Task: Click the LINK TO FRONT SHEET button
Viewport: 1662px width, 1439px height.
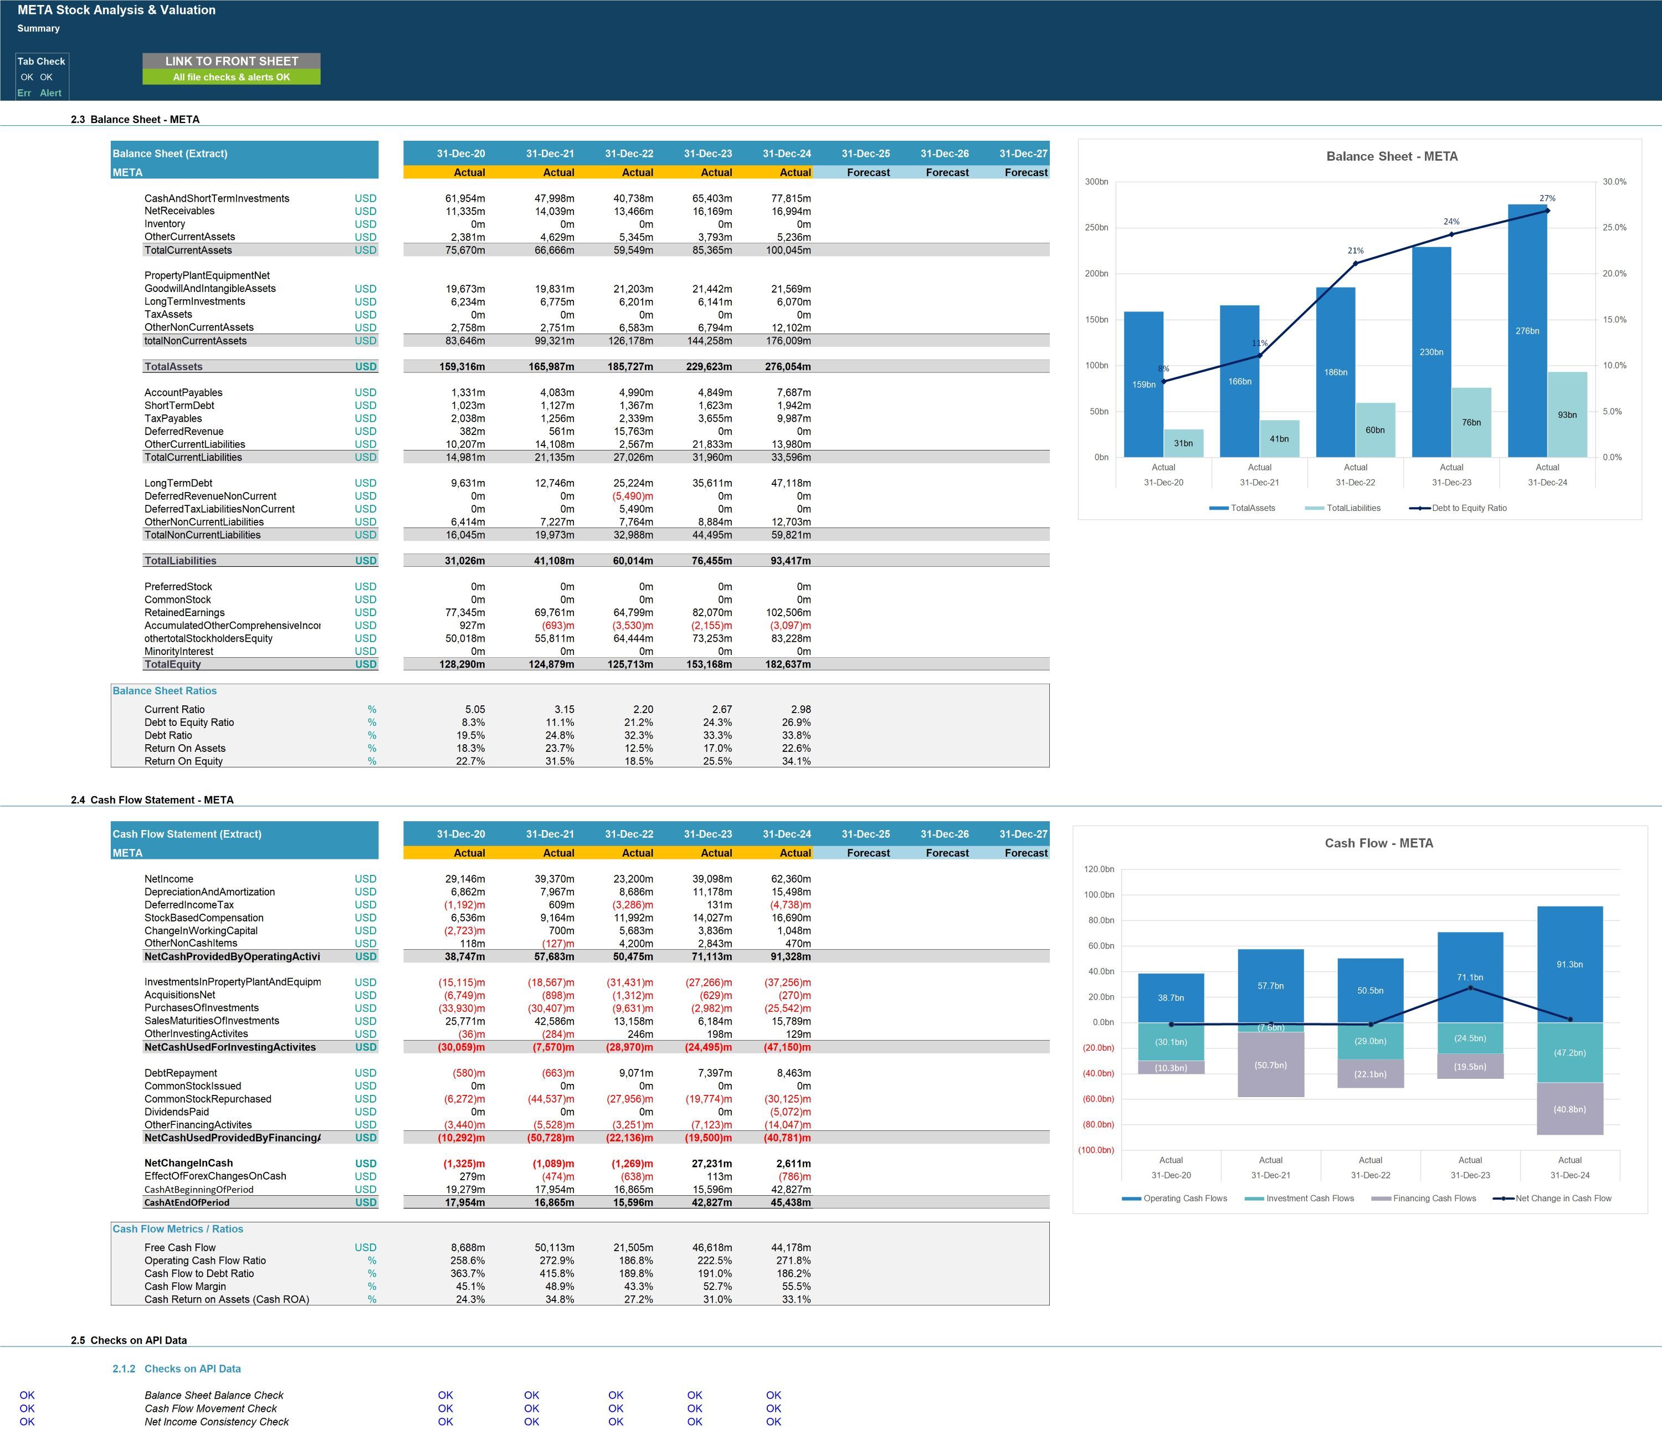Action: (231, 61)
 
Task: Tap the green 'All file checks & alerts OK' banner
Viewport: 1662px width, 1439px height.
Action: (231, 77)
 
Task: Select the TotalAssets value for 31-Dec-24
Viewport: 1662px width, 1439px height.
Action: (788, 367)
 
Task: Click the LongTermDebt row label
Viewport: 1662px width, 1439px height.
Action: (178, 483)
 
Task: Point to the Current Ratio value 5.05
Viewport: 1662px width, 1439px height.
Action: (475, 710)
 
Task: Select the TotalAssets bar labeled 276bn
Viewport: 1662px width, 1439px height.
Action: (1527, 331)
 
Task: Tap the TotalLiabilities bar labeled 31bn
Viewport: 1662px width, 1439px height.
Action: (1183, 443)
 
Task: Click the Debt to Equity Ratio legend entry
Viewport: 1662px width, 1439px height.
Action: (1458, 508)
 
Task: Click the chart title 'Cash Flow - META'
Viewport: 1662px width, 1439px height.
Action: (1378, 843)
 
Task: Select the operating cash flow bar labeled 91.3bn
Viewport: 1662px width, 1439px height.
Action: (1569, 965)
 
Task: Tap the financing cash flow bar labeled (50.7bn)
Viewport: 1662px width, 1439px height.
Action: (1270, 1065)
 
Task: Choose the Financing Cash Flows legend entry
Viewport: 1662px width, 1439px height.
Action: (1424, 1199)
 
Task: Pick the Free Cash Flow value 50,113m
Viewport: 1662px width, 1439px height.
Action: (554, 1248)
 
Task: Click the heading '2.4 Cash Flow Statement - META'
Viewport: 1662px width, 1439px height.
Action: (152, 800)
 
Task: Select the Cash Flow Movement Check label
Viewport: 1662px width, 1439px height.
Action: (211, 1409)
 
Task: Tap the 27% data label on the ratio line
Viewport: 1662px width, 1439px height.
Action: (1547, 198)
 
